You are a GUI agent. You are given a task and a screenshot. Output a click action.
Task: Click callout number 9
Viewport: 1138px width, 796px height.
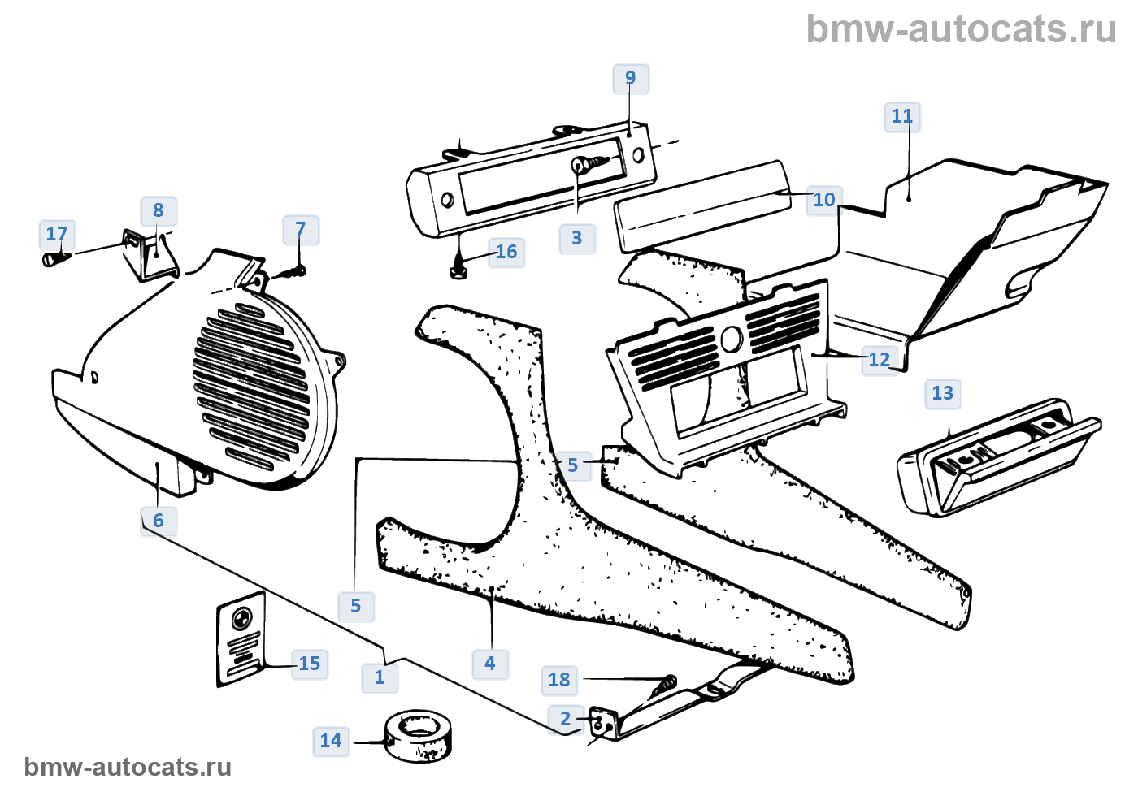pos(630,79)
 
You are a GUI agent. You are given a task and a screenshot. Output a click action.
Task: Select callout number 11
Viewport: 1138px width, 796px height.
pos(901,117)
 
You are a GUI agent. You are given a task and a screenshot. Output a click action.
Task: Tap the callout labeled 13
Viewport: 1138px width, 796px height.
pos(942,394)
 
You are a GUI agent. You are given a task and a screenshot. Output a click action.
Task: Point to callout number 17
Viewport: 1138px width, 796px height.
pos(57,235)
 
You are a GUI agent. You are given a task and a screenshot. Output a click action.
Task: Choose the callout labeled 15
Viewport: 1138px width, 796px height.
pos(310,664)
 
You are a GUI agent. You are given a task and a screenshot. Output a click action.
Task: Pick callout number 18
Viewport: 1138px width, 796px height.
pos(559,680)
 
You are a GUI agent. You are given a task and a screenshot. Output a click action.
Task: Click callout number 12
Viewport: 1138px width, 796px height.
pos(880,360)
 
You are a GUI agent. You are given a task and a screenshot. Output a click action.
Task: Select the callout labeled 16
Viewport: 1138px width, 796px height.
pos(506,253)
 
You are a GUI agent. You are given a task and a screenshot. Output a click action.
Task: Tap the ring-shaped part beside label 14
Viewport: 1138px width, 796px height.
pos(419,735)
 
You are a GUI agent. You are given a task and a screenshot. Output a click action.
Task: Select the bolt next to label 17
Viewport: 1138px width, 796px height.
pos(54,258)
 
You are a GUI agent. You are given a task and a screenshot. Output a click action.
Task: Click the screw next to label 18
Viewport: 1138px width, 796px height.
pos(664,687)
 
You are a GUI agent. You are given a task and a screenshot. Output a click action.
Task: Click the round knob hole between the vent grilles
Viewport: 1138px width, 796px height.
pos(729,340)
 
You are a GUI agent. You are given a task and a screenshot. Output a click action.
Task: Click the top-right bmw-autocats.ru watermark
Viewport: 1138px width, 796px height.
pos(961,29)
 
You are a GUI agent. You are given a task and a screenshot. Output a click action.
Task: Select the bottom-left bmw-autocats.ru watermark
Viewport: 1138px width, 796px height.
pos(128,767)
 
